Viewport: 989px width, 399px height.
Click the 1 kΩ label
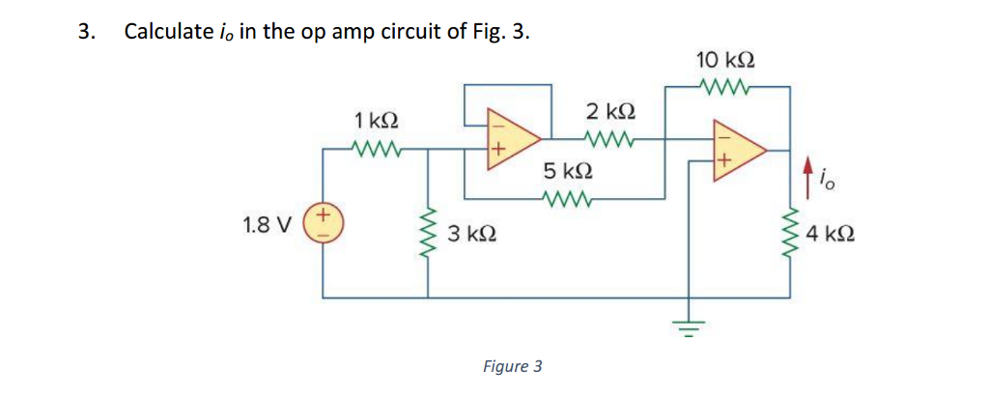point(377,121)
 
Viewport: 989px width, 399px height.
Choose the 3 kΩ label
point(473,234)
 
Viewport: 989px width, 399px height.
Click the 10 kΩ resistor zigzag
point(724,87)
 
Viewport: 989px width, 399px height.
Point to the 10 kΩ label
point(724,60)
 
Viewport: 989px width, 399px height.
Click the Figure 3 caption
point(512,366)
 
